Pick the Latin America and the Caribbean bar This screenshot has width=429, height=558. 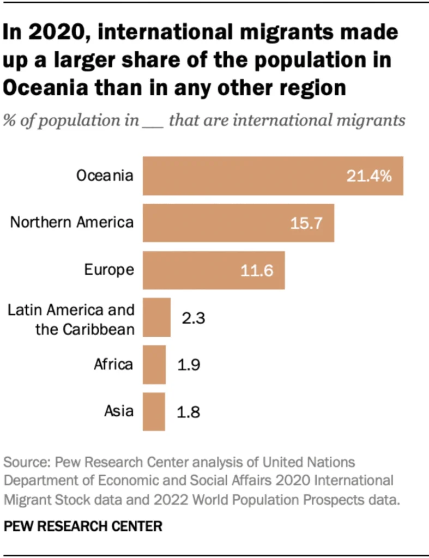point(156,318)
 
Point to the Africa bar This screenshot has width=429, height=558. point(154,365)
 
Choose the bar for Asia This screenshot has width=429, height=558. point(154,411)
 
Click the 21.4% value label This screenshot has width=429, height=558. point(368,176)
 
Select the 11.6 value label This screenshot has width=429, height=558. point(256,271)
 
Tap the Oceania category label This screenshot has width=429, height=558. point(105,175)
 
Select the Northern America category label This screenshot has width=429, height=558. point(72,222)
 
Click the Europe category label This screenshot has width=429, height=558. point(109,270)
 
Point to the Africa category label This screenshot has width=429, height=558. point(113,364)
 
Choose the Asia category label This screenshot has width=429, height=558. point(119,411)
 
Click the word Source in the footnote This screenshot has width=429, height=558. point(25,463)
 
